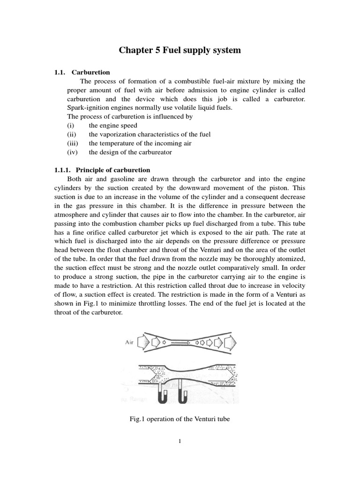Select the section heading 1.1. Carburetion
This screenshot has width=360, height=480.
point(82,72)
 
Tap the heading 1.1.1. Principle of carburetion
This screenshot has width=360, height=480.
point(102,170)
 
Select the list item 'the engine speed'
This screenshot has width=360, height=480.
point(113,126)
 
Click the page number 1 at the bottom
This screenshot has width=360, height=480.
point(180,440)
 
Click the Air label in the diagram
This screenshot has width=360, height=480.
point(130,343)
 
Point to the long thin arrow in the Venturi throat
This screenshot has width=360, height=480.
point(177,343)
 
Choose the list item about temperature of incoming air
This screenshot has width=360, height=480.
point(140,143)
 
